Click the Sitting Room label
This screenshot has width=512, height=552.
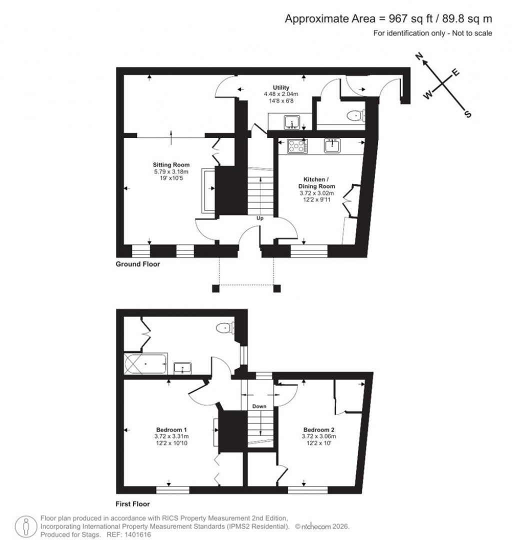[x=171, y=164]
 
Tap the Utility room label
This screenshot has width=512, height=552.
[x=281, y=87]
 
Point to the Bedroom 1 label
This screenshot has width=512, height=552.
[x=171, y=429]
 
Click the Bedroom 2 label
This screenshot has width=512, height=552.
[x=318, y=429]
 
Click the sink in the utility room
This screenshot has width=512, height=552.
[x=291, y=121]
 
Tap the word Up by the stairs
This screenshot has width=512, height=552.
[x=260, y=218]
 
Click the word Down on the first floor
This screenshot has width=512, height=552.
[x=259, y=406]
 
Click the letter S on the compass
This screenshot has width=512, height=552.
[x=468, y=114]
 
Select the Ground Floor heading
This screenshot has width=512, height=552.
[x=138, y=264]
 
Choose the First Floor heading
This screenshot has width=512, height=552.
[x=133, y=504]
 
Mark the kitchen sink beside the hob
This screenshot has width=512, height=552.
[x=332, y=145]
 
